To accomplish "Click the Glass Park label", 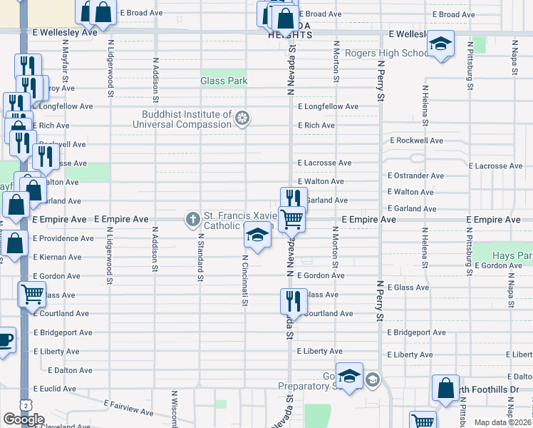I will pos(224,81).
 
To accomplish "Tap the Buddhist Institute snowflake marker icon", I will pos(243,118).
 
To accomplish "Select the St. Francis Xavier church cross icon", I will pos(192,218).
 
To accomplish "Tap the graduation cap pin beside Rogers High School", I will pos(440,45).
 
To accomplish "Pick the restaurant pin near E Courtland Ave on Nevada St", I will pos(291,302).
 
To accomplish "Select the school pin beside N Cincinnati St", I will pos(257,235).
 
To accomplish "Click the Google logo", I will pos(24,419).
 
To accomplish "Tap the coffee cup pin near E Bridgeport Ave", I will pos(4,339).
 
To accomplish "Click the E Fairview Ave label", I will pos(128,408).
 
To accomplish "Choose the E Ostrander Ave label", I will pos(415,175).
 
